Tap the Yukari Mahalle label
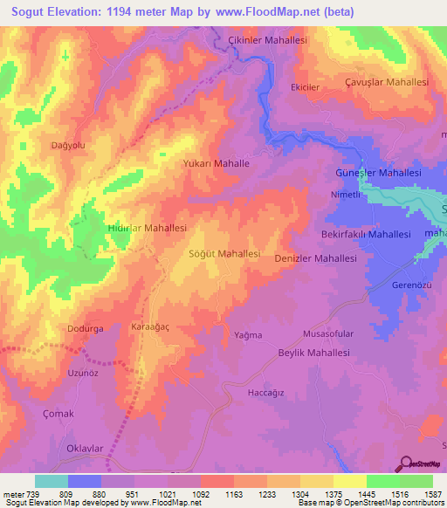pos(216,163)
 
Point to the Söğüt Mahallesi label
pos(224,253)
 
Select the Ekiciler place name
pos(306,88)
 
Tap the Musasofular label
pos(327,334)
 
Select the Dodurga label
pos(85,329)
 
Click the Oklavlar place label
pos(86,448)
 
